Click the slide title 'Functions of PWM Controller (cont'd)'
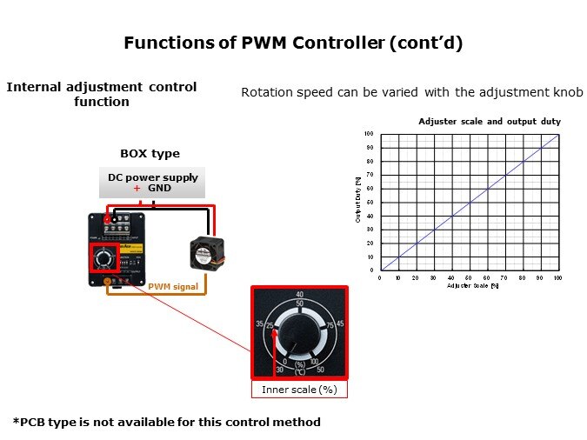293,42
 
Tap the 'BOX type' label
150,153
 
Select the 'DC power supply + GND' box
153,183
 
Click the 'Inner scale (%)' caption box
299,390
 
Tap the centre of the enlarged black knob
300,332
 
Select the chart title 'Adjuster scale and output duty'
489,121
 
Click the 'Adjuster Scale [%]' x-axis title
472,285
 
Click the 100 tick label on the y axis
369,134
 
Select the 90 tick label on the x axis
540,277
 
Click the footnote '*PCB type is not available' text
167,422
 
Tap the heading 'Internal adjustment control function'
102,94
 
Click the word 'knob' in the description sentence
568,92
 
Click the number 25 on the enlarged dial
270,326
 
